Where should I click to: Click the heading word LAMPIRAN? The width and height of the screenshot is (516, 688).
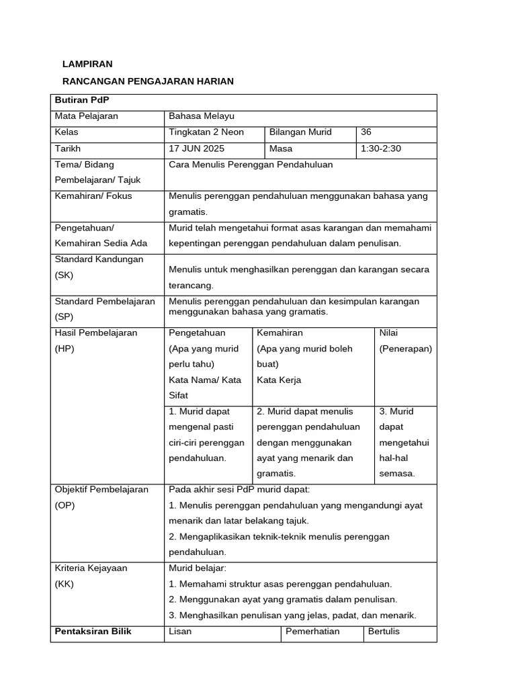pos(87,64)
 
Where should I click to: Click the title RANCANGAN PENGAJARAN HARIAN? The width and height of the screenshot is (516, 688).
pos(148,81)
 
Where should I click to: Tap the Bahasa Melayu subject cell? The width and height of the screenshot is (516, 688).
pos(202,116)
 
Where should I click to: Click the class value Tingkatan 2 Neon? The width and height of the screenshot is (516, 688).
pos(206,132)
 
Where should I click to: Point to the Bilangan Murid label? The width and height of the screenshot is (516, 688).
pos(300,132)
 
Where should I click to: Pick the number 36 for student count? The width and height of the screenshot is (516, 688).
pos(366,132)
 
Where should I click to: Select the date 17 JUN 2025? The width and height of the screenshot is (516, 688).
pos(197,148)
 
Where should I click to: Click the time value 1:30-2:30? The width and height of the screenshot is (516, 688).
pos(381,148)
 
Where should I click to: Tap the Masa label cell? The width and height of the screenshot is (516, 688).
pos(281,148)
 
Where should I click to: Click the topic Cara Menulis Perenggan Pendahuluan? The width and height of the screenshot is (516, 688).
pos(251,165)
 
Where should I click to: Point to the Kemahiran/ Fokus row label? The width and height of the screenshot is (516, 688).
pos(94,196)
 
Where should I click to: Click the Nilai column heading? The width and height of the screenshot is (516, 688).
pos(388,333)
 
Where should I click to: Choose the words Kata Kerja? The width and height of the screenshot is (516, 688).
pos(279,380)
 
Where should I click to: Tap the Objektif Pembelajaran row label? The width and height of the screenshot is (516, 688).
pos(101,490)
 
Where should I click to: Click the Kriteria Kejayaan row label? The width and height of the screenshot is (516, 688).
pos(91,568)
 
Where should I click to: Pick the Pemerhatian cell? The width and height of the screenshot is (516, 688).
pos(312,632)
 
